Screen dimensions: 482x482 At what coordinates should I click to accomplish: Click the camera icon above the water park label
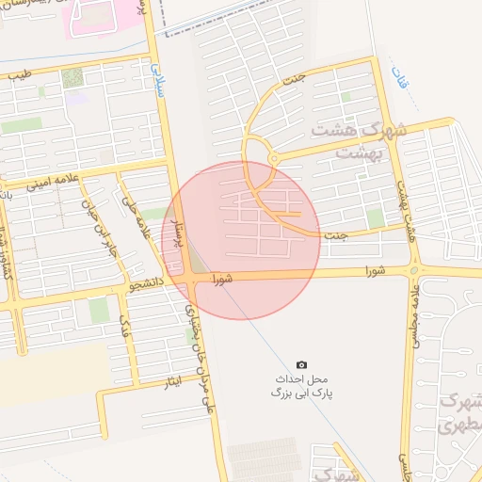(301, 364)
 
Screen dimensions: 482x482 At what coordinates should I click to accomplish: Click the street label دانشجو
(149, 281)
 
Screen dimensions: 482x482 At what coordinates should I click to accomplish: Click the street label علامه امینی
(56, 181)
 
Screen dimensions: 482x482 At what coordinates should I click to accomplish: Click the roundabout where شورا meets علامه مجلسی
(413, 270)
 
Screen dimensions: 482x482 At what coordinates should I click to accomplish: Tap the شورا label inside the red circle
(222, 279)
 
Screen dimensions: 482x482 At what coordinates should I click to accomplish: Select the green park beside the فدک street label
(99, 311)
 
